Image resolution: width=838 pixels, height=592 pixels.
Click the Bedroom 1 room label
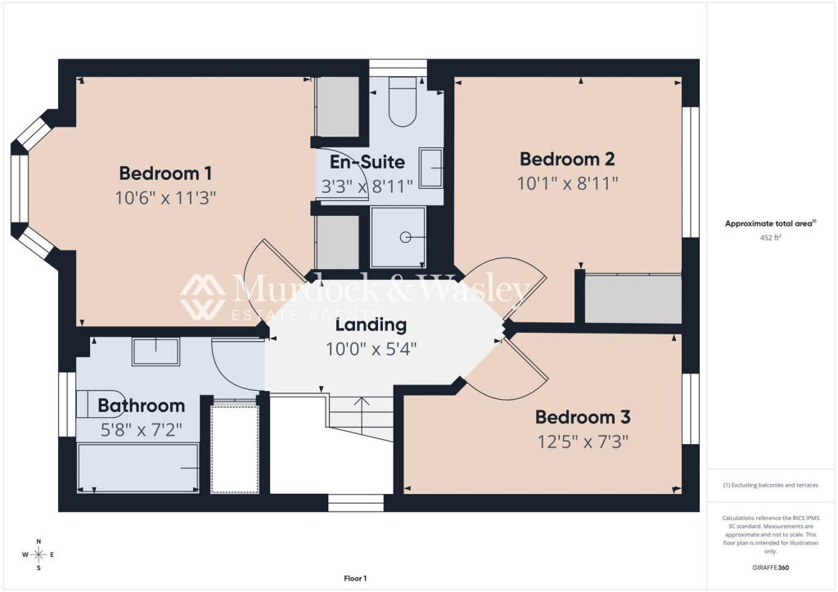[x=166, y=173]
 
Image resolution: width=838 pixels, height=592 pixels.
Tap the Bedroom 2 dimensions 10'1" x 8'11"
[x=566, y=182]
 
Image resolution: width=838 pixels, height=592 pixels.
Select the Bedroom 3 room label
[x=583, y=418]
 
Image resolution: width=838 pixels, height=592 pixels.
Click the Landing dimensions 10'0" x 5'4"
[x=371, y=349]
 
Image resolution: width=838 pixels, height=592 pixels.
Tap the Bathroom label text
[x=141, y=406]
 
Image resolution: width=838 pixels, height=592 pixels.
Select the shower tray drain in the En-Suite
[x=405, y=238]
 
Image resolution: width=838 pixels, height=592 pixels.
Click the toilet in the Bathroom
[x=91, y=403]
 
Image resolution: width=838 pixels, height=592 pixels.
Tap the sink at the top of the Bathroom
[x=155, y=351]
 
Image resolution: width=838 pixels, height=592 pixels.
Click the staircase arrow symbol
[x=362, y=403]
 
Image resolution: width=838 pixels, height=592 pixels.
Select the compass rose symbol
[x=38, y=554]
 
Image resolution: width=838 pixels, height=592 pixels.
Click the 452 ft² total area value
[x=770, y=239]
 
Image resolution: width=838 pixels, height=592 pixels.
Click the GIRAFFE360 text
[x=770, y=567]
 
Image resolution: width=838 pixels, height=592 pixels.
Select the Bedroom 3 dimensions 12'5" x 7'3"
[x=583, y=442]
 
